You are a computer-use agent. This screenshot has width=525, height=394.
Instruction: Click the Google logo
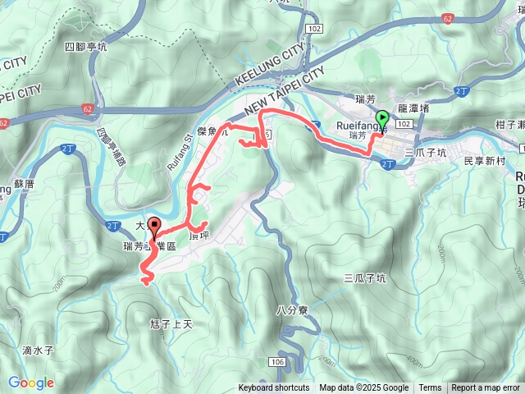pos(31,383)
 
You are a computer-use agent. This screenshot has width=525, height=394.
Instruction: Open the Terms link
pos(430,388)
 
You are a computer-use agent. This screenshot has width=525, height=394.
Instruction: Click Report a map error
pos(486,388)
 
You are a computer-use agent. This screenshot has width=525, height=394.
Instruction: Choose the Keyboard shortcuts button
pos(274,388)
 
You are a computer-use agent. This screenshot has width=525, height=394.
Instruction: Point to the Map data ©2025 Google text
pos(363,388)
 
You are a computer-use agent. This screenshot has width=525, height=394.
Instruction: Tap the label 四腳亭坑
pos(86,47)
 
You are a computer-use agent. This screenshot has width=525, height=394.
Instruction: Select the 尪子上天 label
pos(171,324)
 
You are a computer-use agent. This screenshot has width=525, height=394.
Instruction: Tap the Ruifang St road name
pos(179,151)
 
